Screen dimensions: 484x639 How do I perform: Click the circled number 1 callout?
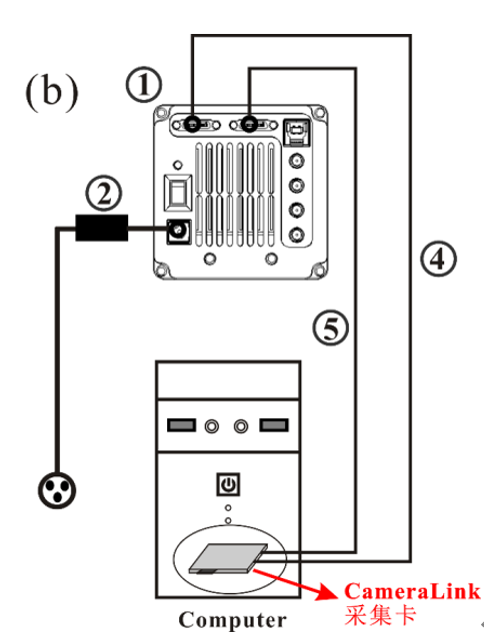(x=143, y=85)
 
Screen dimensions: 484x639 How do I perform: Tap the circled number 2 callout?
(x=104, y=193)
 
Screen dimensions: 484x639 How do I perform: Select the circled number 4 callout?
(x=438, y=259)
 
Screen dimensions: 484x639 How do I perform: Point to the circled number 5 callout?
(x=331, y=328)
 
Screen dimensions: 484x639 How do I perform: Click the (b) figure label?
(x=52, y=92)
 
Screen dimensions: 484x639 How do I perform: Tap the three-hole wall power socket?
(x=57, y=490)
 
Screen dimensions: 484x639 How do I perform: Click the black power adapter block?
(x=102, y=228)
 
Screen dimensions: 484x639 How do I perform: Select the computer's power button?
(x=228, y=484)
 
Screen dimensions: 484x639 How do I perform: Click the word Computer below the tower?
(x=232, y=620)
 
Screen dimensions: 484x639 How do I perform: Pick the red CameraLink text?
(x=412, y=591)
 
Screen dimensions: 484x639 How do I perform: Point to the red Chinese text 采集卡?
(x=380, y=615)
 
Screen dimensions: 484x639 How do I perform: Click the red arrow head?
(x=327, y=592)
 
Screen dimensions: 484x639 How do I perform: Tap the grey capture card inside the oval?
(x=228, y=558)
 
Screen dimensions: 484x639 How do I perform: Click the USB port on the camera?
(x=296, y=133)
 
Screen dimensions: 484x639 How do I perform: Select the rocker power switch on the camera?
(x=178, y=193)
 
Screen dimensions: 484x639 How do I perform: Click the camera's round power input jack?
(x=179, y=232)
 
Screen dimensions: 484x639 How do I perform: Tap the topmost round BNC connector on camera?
(x=296, y=162)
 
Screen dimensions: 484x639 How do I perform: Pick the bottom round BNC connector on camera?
(x=296, y=236)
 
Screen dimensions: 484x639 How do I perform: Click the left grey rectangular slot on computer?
(x=181, y=425)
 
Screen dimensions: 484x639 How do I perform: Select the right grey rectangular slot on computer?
(x=274, y=425)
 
